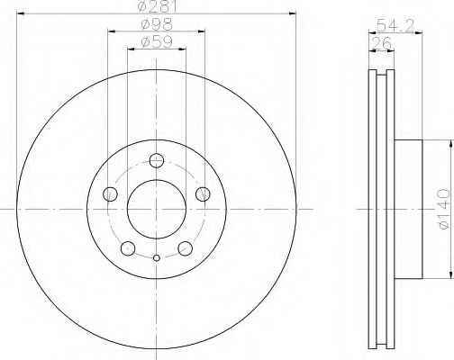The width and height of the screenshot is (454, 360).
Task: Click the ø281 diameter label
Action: pos(158,6)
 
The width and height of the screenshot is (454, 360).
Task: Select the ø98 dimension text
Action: pos(157,24)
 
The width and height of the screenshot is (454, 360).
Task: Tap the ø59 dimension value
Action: pos(157,42)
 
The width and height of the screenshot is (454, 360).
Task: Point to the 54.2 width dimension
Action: pos(395,25)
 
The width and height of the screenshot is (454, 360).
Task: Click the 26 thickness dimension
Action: pos(381,43)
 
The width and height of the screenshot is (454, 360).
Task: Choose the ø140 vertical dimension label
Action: pos(444,209)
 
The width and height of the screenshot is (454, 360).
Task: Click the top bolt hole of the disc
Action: pos(157,160)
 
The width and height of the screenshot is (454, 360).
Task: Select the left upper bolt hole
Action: pos(110,194)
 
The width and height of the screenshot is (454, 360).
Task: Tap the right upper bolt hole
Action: pos(203,194)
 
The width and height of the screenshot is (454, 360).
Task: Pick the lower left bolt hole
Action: pos(128,248)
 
